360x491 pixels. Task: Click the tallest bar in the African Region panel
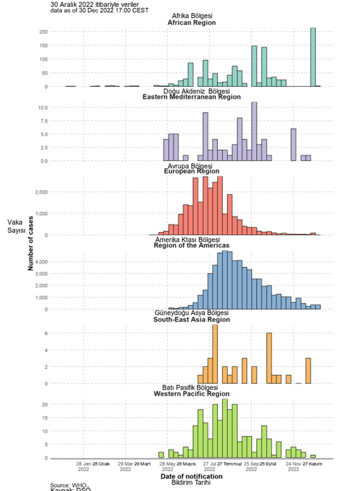coord(313,57)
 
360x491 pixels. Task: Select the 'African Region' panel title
coord(191,22)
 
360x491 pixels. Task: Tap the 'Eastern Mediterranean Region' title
coord(191,97)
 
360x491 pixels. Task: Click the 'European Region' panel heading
coord(191,171)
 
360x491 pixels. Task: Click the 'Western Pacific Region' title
coord(191,394)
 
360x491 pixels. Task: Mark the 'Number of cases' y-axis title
coord(31,242)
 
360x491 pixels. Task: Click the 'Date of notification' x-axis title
coord(191,477)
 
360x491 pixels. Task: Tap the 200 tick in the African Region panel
coord(43,32)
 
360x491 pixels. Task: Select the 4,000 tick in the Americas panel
coord(39,262)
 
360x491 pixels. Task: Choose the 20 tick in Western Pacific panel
coord(45,405)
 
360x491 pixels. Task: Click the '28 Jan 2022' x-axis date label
coord(84,466)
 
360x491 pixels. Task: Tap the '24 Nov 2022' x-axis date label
coord(293,466)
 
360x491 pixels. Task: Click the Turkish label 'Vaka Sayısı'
coord(15,226)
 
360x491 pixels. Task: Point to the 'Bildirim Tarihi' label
coord(191,483)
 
